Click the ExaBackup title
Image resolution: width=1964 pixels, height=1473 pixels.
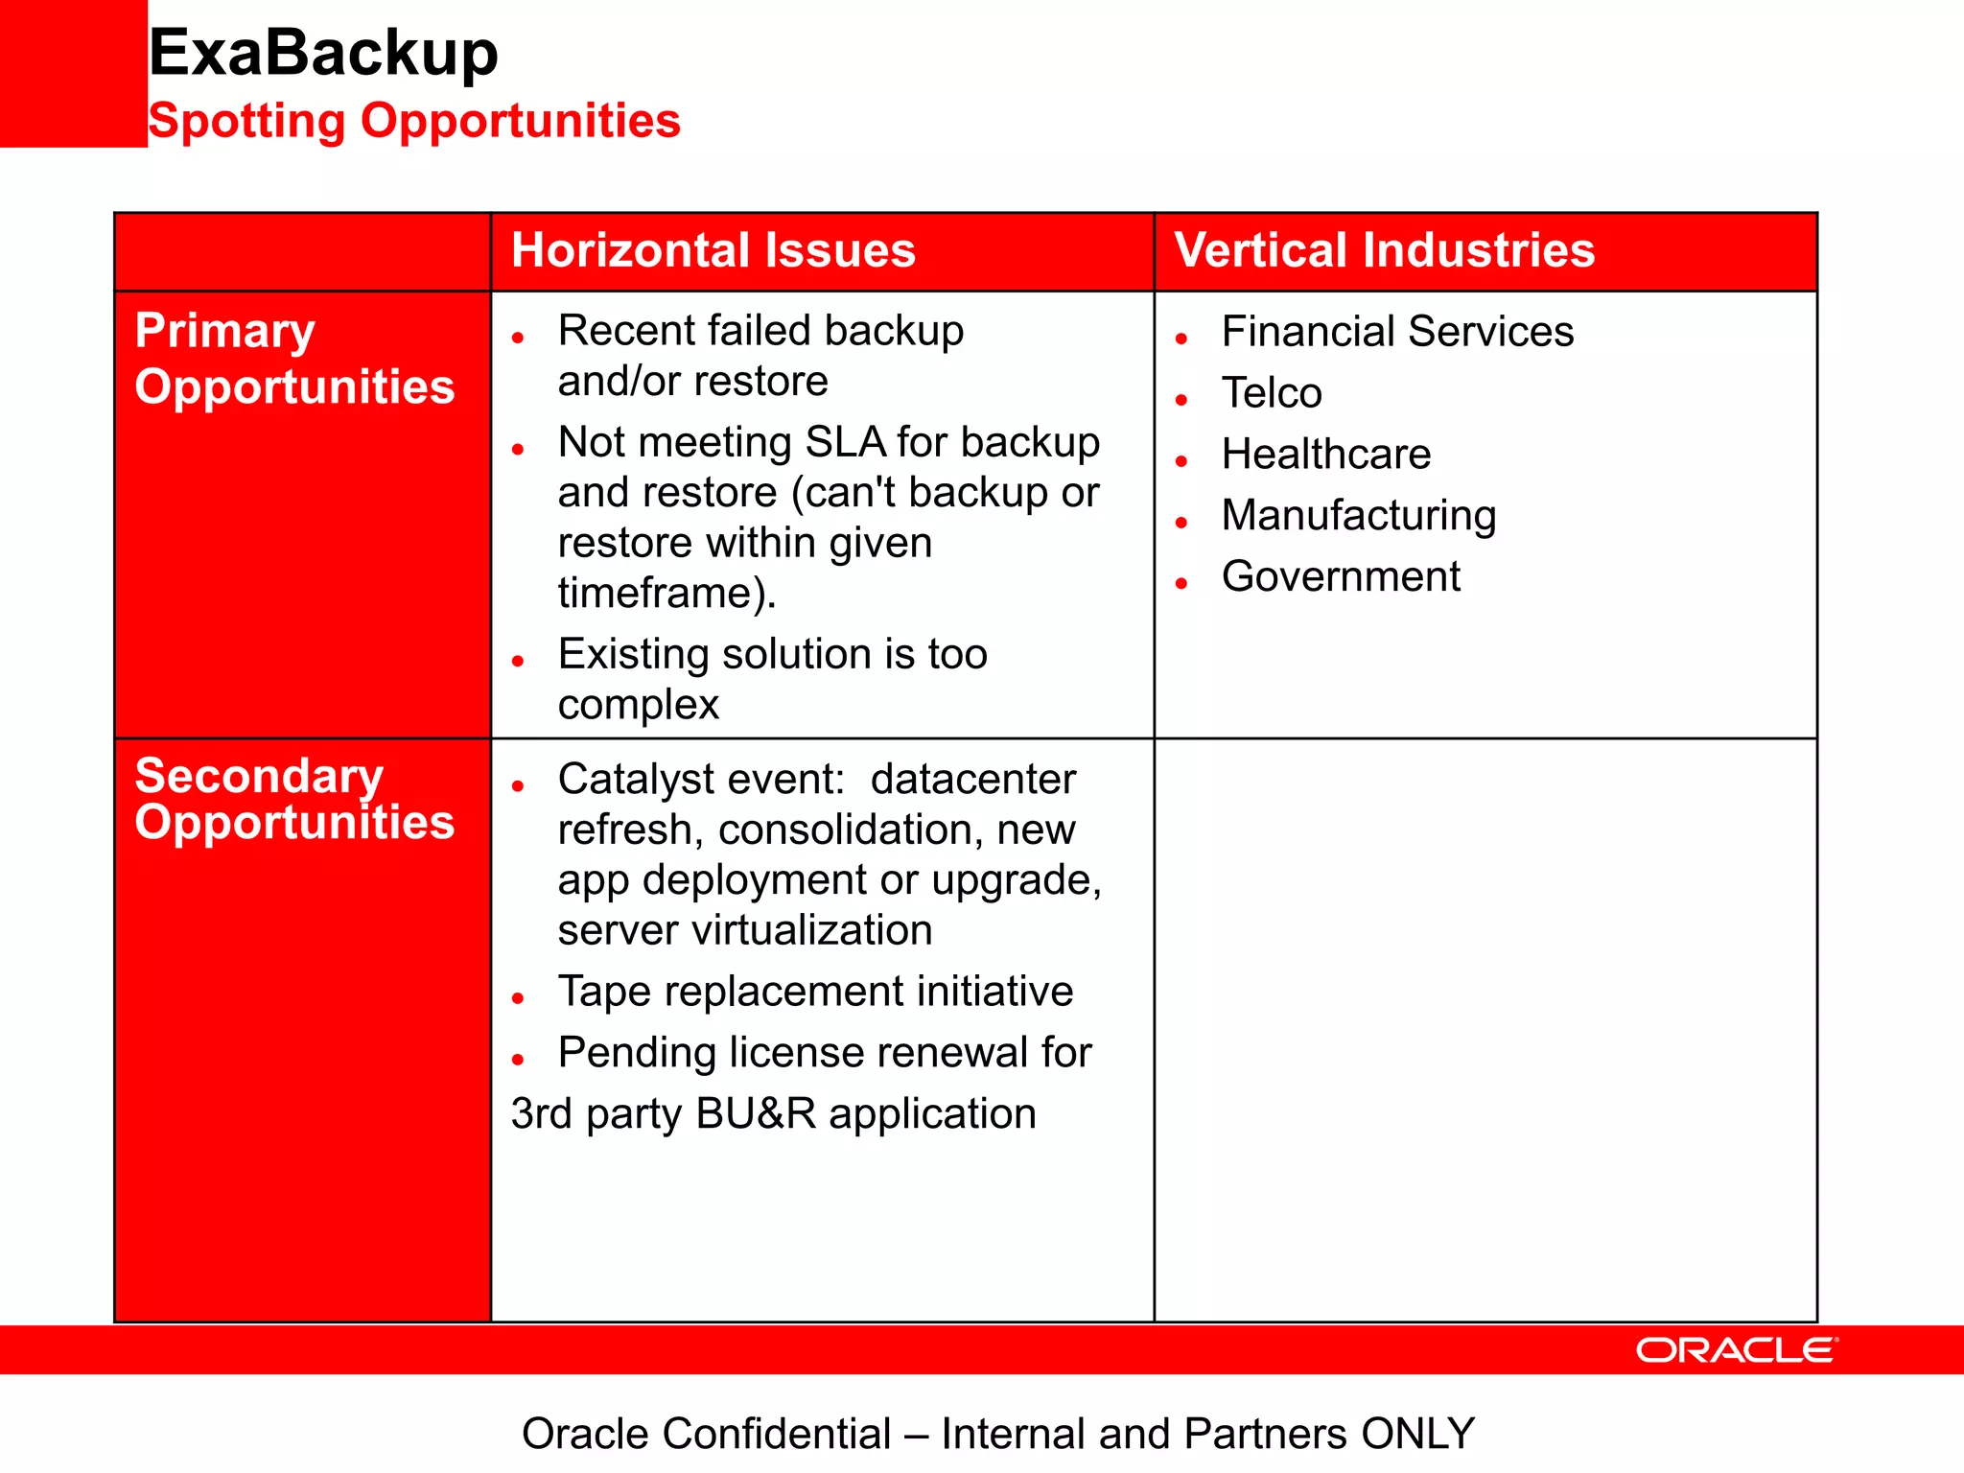323,53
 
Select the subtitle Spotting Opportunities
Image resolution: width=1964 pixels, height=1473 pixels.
413,121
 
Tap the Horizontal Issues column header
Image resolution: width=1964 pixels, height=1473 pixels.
713,250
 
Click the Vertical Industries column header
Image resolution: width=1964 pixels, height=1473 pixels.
1384,250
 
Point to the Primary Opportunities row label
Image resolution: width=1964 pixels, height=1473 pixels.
293,358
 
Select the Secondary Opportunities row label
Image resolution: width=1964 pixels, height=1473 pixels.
293,798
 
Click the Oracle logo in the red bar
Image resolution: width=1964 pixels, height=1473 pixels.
1736,1350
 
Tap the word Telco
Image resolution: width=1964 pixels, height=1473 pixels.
1272,393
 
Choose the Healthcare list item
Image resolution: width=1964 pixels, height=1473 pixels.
1325,455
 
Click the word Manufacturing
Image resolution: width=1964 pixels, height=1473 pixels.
1358,516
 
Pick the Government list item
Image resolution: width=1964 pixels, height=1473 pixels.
1340,577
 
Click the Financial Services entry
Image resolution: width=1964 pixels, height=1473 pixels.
1396,332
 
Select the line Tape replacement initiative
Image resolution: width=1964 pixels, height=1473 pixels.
815,992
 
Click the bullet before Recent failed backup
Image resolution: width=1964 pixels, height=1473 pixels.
518,338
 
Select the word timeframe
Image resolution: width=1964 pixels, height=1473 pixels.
657,594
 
